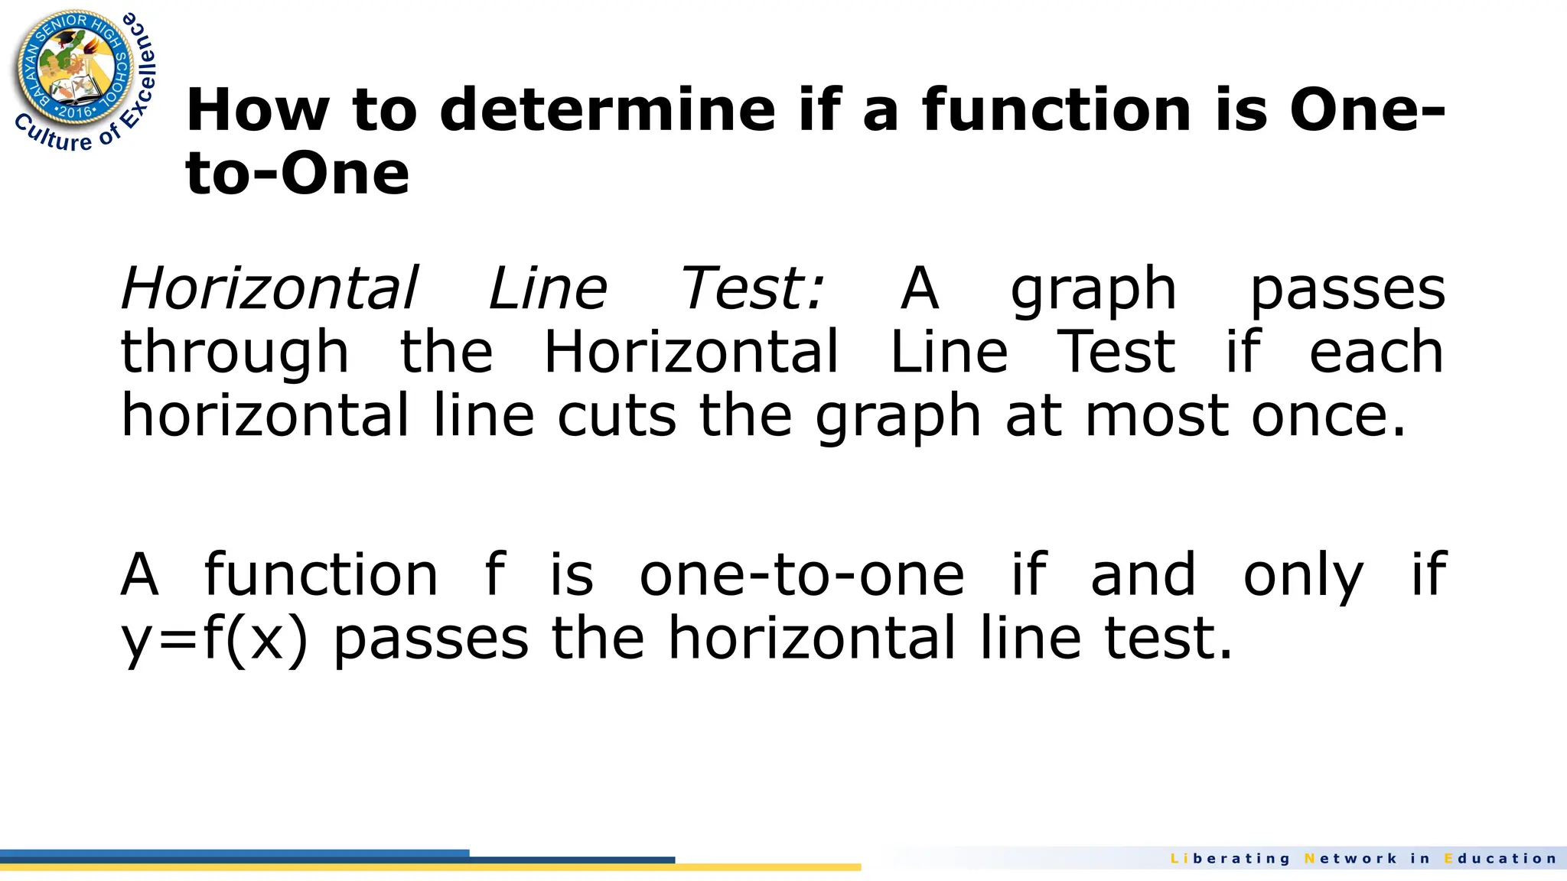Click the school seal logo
(75, 69)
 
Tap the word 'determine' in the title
(608, 109)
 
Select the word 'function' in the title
(1057, 109)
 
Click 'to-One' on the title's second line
(297, 174)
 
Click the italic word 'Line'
(548, 288)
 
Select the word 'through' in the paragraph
(235, 353)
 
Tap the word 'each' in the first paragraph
(1376, 353)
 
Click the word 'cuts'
(617, 416)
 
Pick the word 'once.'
(1328, 416)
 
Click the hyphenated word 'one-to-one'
(801, 574)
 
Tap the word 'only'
(1302, 574)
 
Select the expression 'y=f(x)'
(215, 639)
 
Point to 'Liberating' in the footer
(1230, 859)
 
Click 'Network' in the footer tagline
(1350, 859)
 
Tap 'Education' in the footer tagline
(1500, 859)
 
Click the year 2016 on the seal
(76, 112)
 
